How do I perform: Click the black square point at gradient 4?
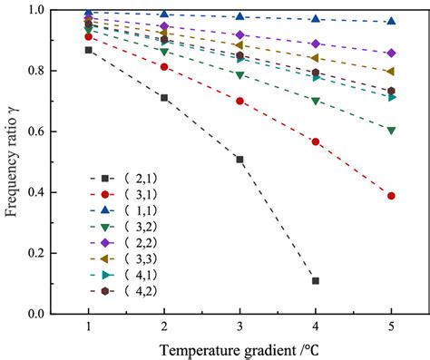click(316, 281)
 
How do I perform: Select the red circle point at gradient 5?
click(391, 196)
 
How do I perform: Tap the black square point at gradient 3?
click(239, 160)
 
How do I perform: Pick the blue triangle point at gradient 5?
click(391, 21)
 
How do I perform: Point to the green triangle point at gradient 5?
click(391, 131)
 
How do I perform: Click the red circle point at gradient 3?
click(239, 101)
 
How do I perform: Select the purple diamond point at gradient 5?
click(391, 53)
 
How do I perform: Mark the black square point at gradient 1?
click(88, 50)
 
